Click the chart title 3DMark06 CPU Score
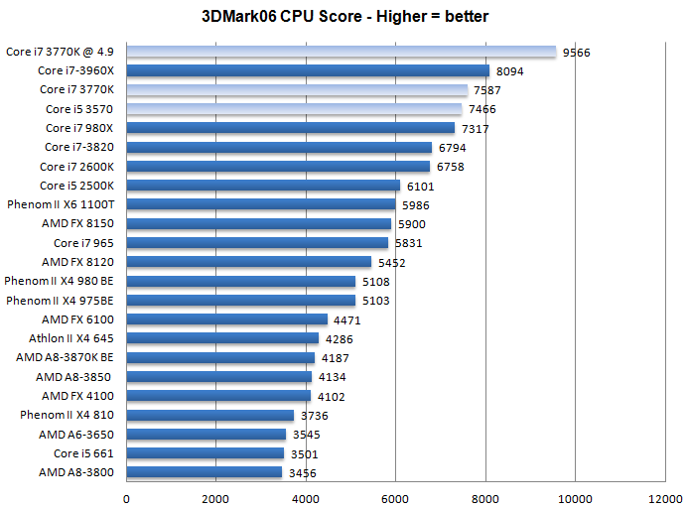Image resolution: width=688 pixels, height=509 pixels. point(344,17)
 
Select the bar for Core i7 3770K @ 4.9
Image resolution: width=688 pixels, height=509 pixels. point(341,52)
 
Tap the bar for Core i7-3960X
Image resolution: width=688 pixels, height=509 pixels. point(308,71)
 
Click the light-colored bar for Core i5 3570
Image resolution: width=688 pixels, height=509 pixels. point(294,109)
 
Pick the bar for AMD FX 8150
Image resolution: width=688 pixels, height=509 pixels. point(259,224)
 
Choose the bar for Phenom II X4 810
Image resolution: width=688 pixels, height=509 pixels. point(210,416)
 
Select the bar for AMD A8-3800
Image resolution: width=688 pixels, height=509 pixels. point(205,473)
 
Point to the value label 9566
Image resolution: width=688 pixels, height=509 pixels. point(576,53)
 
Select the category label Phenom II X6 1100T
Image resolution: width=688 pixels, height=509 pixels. point(61,205)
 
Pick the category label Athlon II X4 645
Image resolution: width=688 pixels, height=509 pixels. point(67,339)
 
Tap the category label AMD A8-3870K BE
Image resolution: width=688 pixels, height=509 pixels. point(65,358)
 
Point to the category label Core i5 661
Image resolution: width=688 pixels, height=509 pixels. point(83,454)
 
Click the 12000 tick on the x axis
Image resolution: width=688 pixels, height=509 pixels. point(664,498)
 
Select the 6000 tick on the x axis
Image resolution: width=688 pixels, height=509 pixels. point(395,498)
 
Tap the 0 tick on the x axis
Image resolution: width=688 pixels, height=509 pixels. point(126,498)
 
